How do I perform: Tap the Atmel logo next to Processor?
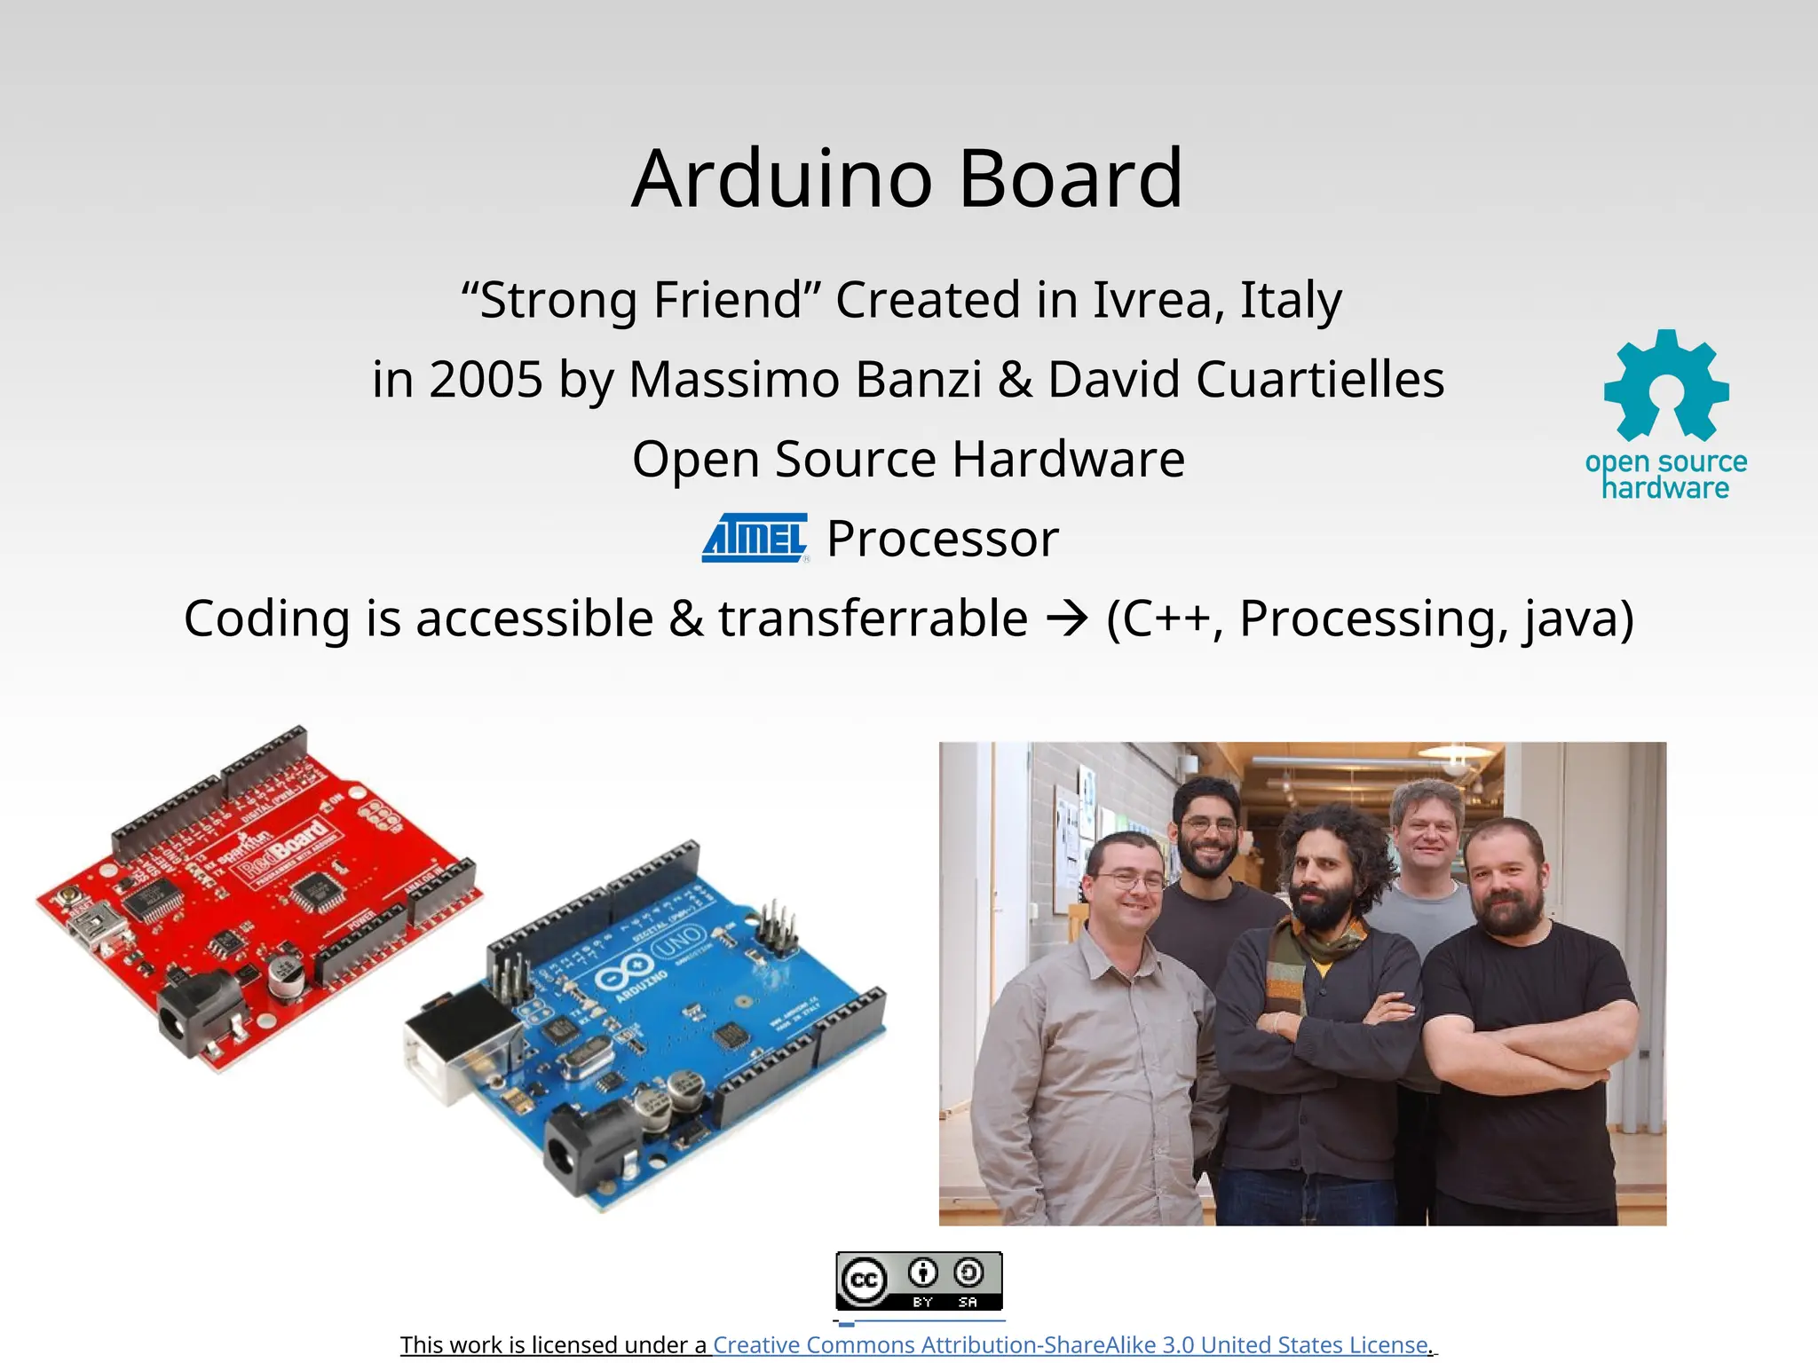(755, 538)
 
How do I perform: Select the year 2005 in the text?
(486, 379)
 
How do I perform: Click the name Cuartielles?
(1320, 379)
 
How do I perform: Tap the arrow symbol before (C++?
(1067, 618)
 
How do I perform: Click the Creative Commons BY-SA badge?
(919, 1280)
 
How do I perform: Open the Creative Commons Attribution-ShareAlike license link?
(1071, 1344)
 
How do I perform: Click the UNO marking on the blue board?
(679, 943)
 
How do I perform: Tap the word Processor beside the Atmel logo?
(943, 539)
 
